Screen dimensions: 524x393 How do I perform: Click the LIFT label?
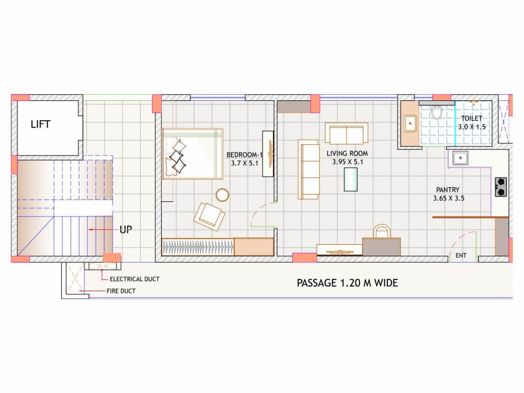(x=40, y=124)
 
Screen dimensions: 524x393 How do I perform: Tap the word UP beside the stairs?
(x=126, y=230)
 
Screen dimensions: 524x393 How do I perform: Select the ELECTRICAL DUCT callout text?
(x=135, y=279)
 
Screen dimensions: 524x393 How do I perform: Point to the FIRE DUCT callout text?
(x=121, y=291)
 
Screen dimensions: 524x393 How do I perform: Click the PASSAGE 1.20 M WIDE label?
(x=347, y=283)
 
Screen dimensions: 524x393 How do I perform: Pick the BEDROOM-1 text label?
(x=245, y=155)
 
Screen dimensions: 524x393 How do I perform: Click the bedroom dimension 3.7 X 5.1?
(x=245, y=163)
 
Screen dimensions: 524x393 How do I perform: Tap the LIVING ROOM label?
(x=347, y=154)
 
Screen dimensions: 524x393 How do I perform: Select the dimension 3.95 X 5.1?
(x=347, y=162)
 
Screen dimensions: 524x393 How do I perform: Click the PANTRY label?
(x=448, y=189)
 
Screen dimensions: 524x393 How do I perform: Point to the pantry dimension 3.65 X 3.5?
(x=449, y=198)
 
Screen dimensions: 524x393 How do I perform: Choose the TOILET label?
(x=471, y=118)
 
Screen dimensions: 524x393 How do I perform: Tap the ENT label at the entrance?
(x=461, y=255)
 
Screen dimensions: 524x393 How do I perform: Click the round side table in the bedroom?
(x=222, y=195)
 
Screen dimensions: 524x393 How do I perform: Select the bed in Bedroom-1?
(x=193, y=154)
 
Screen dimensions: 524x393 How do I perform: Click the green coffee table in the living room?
(x=351, y=180)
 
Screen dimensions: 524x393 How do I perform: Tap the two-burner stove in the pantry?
(x=501, y=187)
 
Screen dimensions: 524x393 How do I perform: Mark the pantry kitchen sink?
(x=460, y=158)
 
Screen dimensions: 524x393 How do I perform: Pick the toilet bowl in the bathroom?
(x=436, y=112)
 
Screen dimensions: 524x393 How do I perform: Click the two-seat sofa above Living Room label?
(x=346, y=134)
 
